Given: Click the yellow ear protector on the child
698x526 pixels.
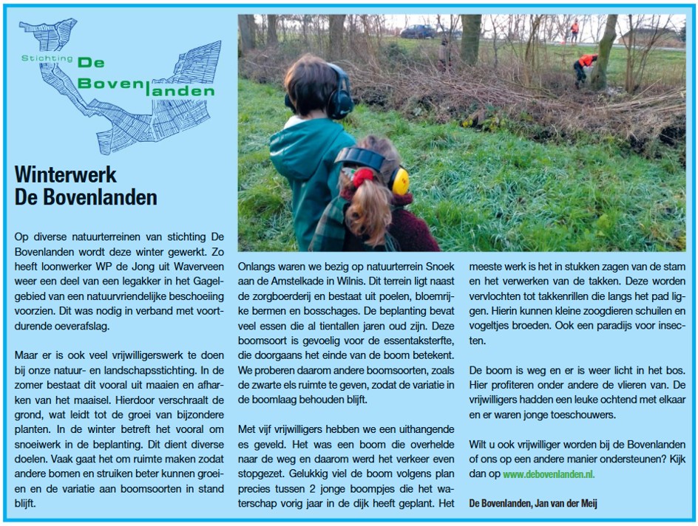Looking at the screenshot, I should [400, 180].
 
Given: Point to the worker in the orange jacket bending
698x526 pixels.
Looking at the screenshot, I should [585, 67].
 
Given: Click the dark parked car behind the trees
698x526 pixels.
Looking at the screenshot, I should [419, 32].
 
